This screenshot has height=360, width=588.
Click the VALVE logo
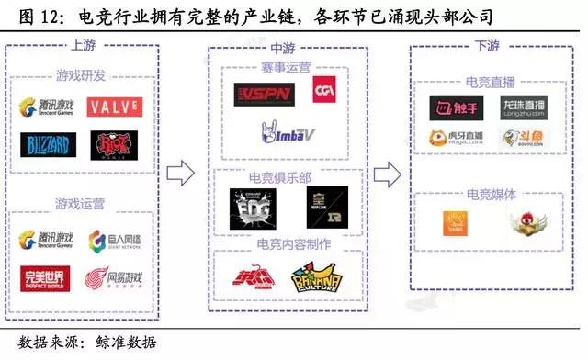[114, 107]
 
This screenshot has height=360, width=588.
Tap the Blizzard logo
[44, 145]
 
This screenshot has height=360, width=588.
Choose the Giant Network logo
[113, 242]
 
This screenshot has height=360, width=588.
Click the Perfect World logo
[44, 279]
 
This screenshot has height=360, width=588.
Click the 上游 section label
[82, 43]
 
